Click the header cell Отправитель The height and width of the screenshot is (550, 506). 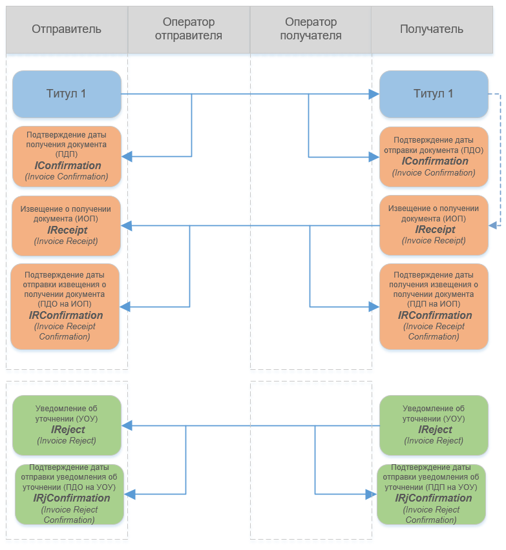(x=67, y=30)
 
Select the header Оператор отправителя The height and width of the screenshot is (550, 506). (x=189, y=30)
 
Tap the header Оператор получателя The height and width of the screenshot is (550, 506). (x=310, y=30)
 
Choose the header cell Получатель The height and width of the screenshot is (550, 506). (x=432, y=30)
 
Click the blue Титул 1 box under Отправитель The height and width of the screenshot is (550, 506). (x=67, y=94)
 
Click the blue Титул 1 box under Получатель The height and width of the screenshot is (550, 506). (x=434, y=94)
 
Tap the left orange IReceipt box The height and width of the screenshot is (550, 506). (x=66, y=225)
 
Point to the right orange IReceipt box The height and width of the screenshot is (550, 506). (x=434, y=225)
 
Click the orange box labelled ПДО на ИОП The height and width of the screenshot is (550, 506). (x=65, y=306)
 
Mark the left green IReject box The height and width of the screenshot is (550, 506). (x=67, y=425)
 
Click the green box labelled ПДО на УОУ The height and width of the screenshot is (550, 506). (x=70, y=494)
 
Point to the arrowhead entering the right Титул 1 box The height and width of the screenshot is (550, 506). (x=374, y=94)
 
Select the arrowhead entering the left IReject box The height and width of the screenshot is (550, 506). (x=127, y=425)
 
